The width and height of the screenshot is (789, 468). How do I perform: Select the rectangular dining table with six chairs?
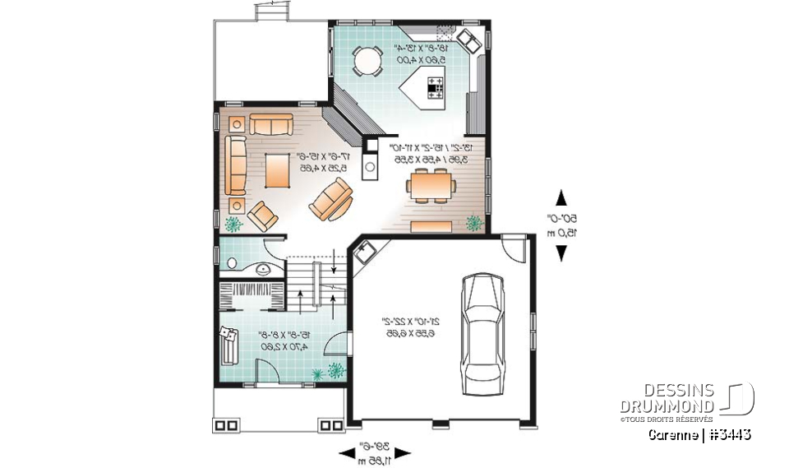(x=430, y=185)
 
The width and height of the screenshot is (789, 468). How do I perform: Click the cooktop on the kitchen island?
(x=433, y=87)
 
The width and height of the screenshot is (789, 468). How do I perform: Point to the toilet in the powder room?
(x=231, y=263)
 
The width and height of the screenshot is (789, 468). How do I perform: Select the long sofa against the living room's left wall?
(x=236, y=164)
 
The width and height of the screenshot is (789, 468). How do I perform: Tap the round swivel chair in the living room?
(x=333, y=200)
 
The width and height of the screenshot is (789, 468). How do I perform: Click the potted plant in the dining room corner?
(x=474, y=223)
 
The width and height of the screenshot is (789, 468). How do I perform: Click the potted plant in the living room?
(x=233, y=223)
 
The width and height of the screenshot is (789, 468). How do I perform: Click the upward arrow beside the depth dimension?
(x=561, y=197)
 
